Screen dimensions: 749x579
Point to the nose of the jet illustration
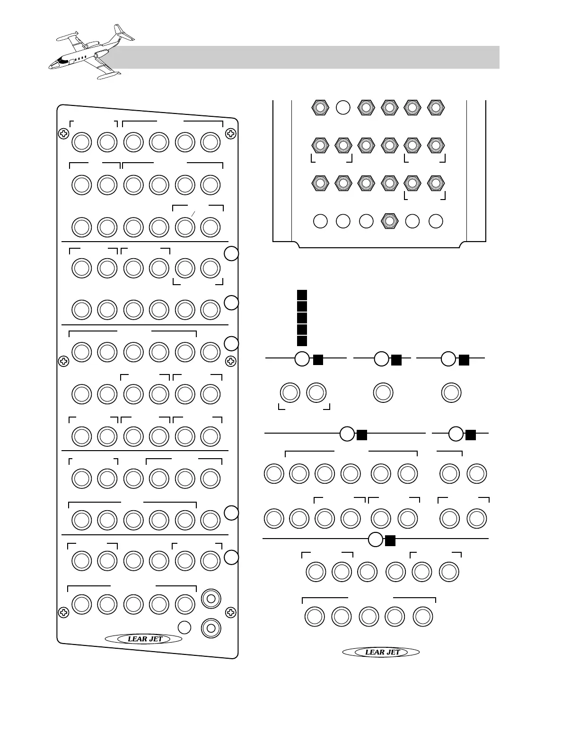[x=52, y=65]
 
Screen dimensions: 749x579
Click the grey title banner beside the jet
[x=307, y=57]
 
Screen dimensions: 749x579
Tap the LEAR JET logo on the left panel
[x=144, y=639]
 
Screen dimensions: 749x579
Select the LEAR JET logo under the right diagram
[x=381, y=652]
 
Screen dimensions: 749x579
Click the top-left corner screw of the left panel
[x=63, y=134]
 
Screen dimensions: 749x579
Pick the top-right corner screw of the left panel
[x=230, y=134]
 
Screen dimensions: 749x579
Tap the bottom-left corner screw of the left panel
[x=63, y=613]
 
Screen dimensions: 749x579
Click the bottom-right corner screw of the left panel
[x=230, y=613]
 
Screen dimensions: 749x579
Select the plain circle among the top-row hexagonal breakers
[x=343, y=108]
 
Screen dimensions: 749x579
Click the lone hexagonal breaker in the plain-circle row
[x=389, y=221]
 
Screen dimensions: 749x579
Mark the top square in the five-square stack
[x=302, y=295]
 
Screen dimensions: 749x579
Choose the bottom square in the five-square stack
[x=302, y=340]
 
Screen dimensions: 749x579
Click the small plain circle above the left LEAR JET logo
[x=184, y=627]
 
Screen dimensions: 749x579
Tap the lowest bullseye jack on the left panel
[x=211, y=628]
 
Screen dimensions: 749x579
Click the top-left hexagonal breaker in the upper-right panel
[x=320, y=108]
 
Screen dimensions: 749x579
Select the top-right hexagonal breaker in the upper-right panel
[x=436, y=108]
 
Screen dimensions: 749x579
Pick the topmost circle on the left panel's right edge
[x=231, y=254]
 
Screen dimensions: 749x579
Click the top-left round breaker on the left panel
[x=81, y=142]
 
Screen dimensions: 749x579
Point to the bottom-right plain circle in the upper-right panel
[x=436, y=221]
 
